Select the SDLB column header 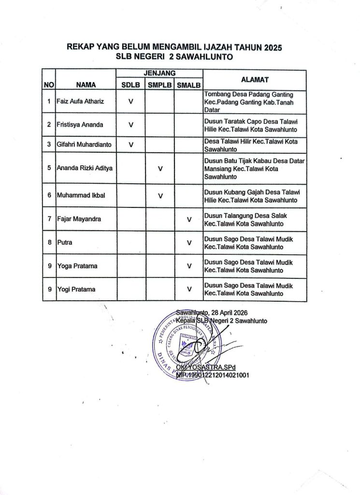[x=130, y=85]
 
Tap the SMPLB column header [x=160, y=85]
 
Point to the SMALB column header [x=189, y=85]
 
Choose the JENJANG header [x=159, y=73]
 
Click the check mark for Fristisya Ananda [x=131, y=125]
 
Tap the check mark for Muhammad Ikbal [x=160, y=196]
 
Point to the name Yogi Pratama [x=76, y=290]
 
